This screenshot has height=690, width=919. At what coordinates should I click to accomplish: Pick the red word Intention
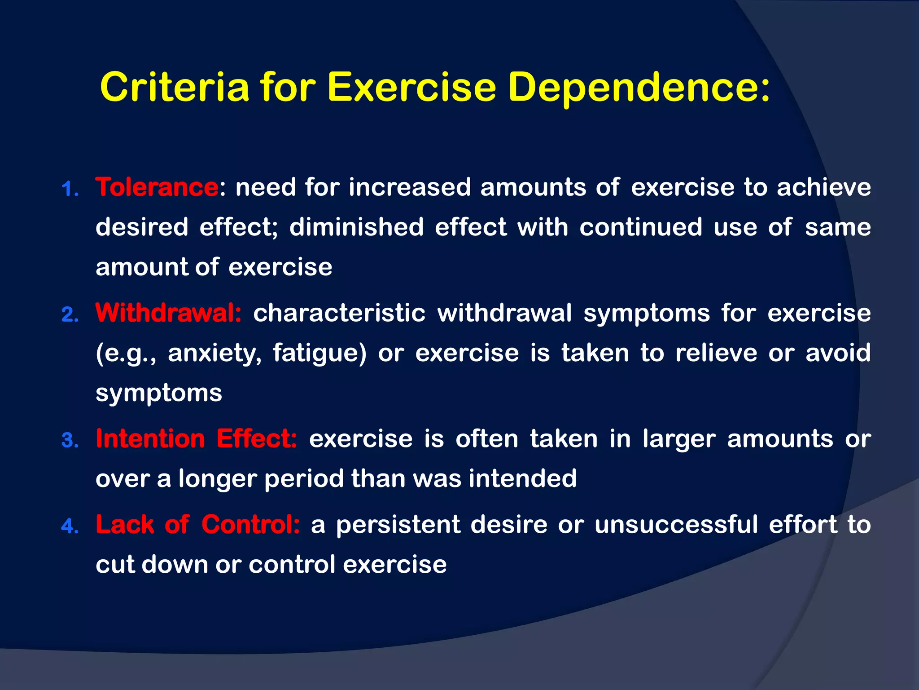click(x=150, y=438)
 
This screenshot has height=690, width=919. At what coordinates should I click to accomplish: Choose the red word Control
click(x=250, y=524)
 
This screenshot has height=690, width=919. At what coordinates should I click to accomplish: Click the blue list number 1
click(x=70, y=189)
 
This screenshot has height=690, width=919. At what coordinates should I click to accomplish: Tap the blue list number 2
click(x=70, y=315)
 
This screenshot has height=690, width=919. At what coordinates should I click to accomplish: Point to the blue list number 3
click(x=70, y=441)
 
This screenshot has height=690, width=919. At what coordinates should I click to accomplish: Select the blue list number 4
click(x=70, y=526)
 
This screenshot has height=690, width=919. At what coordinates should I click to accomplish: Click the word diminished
click(x=356, y=227)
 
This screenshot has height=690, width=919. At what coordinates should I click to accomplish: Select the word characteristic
click(x=339, y=313)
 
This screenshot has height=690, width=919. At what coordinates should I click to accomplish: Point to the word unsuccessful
click(x=676, y=524)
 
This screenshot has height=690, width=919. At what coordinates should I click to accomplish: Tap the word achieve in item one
click(x=824, y=187)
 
